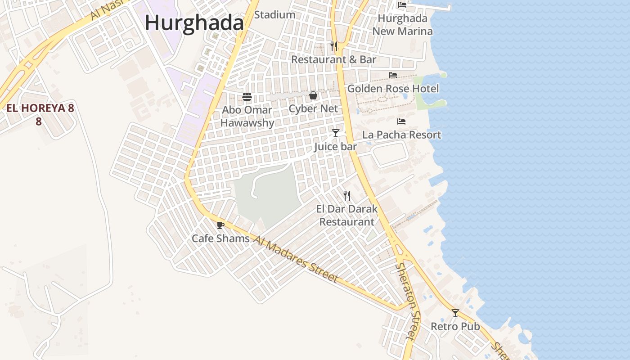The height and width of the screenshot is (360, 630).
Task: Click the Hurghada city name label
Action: tap(194, 23)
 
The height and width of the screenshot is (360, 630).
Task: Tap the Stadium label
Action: tap(274, 15)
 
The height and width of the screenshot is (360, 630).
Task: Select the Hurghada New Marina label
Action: tap(403, 25)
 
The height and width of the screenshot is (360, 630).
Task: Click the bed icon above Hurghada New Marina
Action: tap(402, 5)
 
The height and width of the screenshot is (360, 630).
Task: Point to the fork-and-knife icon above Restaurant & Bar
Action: tap(334, 46)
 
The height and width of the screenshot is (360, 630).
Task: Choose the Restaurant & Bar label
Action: tap(333, 59)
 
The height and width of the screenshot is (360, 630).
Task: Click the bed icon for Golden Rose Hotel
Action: tap(393, 75)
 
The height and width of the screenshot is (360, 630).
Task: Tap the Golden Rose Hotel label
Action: tap(393, 89)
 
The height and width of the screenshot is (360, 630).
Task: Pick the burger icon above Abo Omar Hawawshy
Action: tap(247, 96)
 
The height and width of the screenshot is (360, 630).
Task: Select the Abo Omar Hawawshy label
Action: tap(247, 117)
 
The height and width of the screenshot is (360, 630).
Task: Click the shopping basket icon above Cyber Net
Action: tap(313, 95)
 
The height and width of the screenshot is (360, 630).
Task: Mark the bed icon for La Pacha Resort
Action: tap(401, 121)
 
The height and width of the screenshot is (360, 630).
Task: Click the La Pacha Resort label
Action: tap(401, 135)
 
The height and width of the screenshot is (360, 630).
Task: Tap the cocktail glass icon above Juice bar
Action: tap(335, 133)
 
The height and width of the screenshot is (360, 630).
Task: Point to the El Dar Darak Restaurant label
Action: tap(347, 215)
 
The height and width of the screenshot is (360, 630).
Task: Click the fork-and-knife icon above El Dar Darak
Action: tap(347, 196)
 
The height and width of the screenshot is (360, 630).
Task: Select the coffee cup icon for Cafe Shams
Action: tap(220, 225)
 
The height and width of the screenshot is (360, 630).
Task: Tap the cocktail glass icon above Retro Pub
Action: tap(455, 313)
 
